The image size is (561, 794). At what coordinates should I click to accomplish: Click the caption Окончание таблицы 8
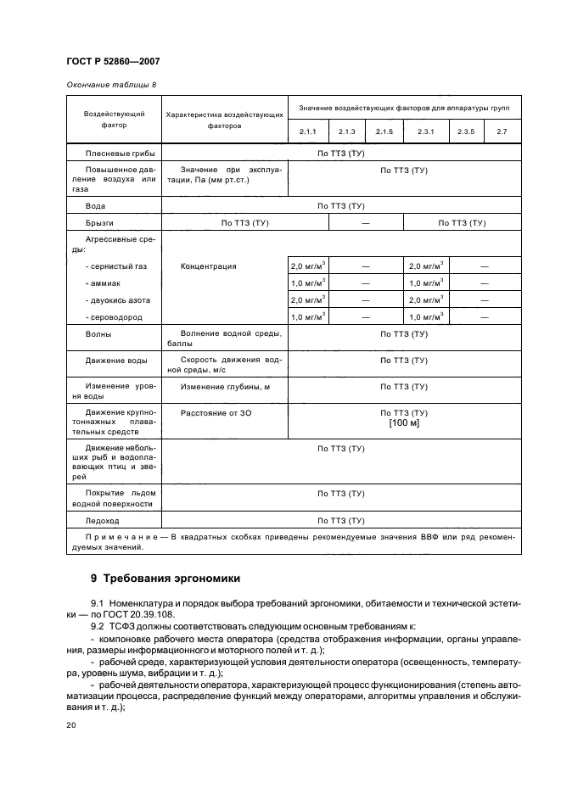coord(107,86)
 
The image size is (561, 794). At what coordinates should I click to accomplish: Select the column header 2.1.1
coord(307,131)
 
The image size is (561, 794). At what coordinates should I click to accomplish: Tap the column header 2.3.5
coord(465,131)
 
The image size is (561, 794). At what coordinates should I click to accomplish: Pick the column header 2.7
coord(502,131)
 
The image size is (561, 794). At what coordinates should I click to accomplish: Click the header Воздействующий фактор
coord(114,119)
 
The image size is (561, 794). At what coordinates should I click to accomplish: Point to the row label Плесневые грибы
coord(115,154)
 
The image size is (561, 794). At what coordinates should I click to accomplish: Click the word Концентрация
coord(208,266)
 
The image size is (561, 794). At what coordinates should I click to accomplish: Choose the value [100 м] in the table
coord(404,422)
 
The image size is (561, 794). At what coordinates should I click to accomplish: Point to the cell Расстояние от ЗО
coord(216,412)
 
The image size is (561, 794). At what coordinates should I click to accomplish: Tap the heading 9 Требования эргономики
coord(166,579)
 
